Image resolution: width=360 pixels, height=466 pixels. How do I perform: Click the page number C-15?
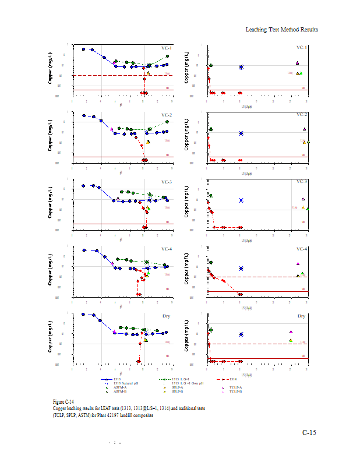(x=309, y=432)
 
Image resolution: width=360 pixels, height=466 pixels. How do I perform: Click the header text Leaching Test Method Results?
(x=281, y=29)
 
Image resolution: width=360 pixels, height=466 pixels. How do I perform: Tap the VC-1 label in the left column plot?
(x=167, y=48)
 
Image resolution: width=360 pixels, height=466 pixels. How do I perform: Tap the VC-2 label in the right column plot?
(x=302, y=115)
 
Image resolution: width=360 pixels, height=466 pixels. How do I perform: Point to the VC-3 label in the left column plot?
(x=167, y=182)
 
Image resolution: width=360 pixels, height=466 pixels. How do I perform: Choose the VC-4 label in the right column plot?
(x=302, y=249)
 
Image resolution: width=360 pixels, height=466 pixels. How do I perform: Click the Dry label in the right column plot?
(x=302, y=316)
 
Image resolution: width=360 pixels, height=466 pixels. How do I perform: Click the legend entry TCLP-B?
(x=237, y=391)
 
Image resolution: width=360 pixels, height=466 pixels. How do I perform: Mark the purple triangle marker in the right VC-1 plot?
(x=297, y=63)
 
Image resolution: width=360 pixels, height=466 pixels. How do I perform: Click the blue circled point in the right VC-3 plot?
(x=241, y=200)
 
